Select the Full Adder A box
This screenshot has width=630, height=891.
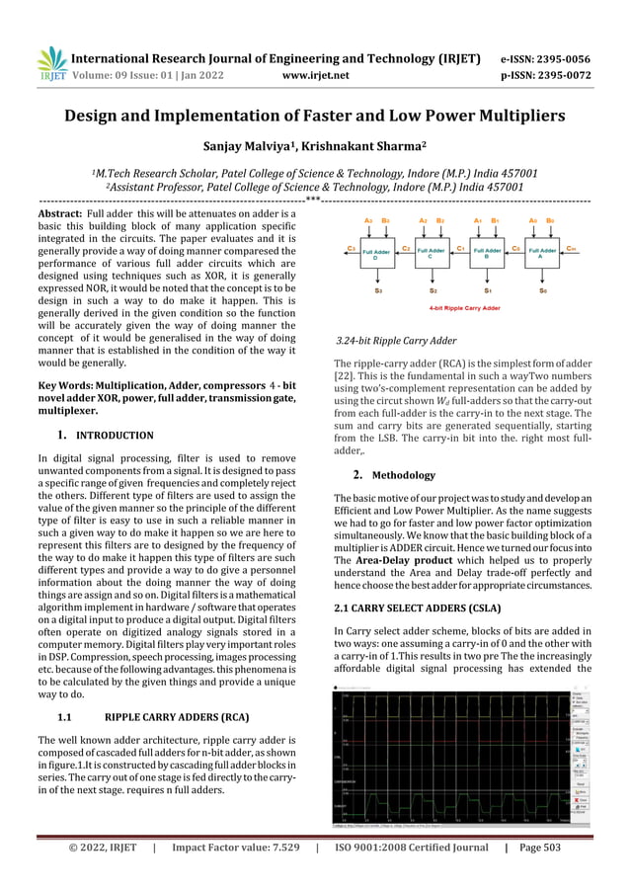[543, 254]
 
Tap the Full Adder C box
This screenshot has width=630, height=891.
[431, 254]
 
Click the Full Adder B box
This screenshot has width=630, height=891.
[488, 254]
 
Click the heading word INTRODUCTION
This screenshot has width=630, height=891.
[115, 436]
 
